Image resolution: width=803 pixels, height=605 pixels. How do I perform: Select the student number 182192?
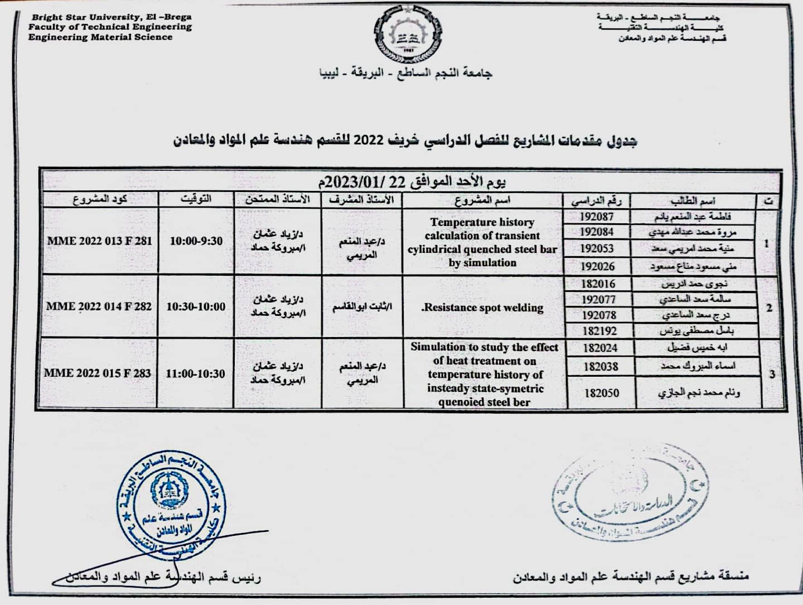tap(599, 331)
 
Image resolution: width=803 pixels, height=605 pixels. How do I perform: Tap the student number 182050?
tap(601, 393)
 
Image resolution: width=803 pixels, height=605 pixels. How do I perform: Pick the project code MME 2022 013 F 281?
tap(99, 241)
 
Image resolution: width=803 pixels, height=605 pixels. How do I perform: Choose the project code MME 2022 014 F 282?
tap(99, 306)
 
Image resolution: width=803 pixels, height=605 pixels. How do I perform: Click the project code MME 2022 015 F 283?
tap(98, 373)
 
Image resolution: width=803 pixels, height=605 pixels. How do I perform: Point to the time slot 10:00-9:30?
tap(196, 241)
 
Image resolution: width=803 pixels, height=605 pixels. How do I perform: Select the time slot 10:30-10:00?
tap(196, 306)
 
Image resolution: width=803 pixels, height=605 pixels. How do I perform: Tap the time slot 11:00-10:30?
tap(195, 373)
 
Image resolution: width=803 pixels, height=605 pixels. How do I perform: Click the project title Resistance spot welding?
tap(482, 308)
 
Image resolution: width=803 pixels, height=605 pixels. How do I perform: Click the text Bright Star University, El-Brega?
tap(112, 17)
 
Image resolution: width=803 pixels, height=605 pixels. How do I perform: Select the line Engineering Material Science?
tap(100, 37)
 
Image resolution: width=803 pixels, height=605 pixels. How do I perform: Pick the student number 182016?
tap(598, 284)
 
